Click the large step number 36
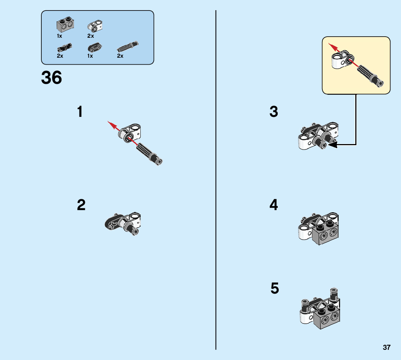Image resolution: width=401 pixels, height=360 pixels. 51,78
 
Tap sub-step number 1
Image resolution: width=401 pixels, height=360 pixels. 80,112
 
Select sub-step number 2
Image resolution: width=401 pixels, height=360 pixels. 81,205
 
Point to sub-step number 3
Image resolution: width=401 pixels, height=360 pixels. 274,112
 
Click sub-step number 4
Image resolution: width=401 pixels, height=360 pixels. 274,205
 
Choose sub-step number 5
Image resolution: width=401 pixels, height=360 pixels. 275,289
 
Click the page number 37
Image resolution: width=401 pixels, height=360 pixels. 386,347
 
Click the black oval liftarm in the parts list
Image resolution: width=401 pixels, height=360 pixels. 95,48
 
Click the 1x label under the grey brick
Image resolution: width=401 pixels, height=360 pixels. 59,36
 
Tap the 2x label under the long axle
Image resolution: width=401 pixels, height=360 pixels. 120,56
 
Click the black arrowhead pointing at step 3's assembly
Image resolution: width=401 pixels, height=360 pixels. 332,145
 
